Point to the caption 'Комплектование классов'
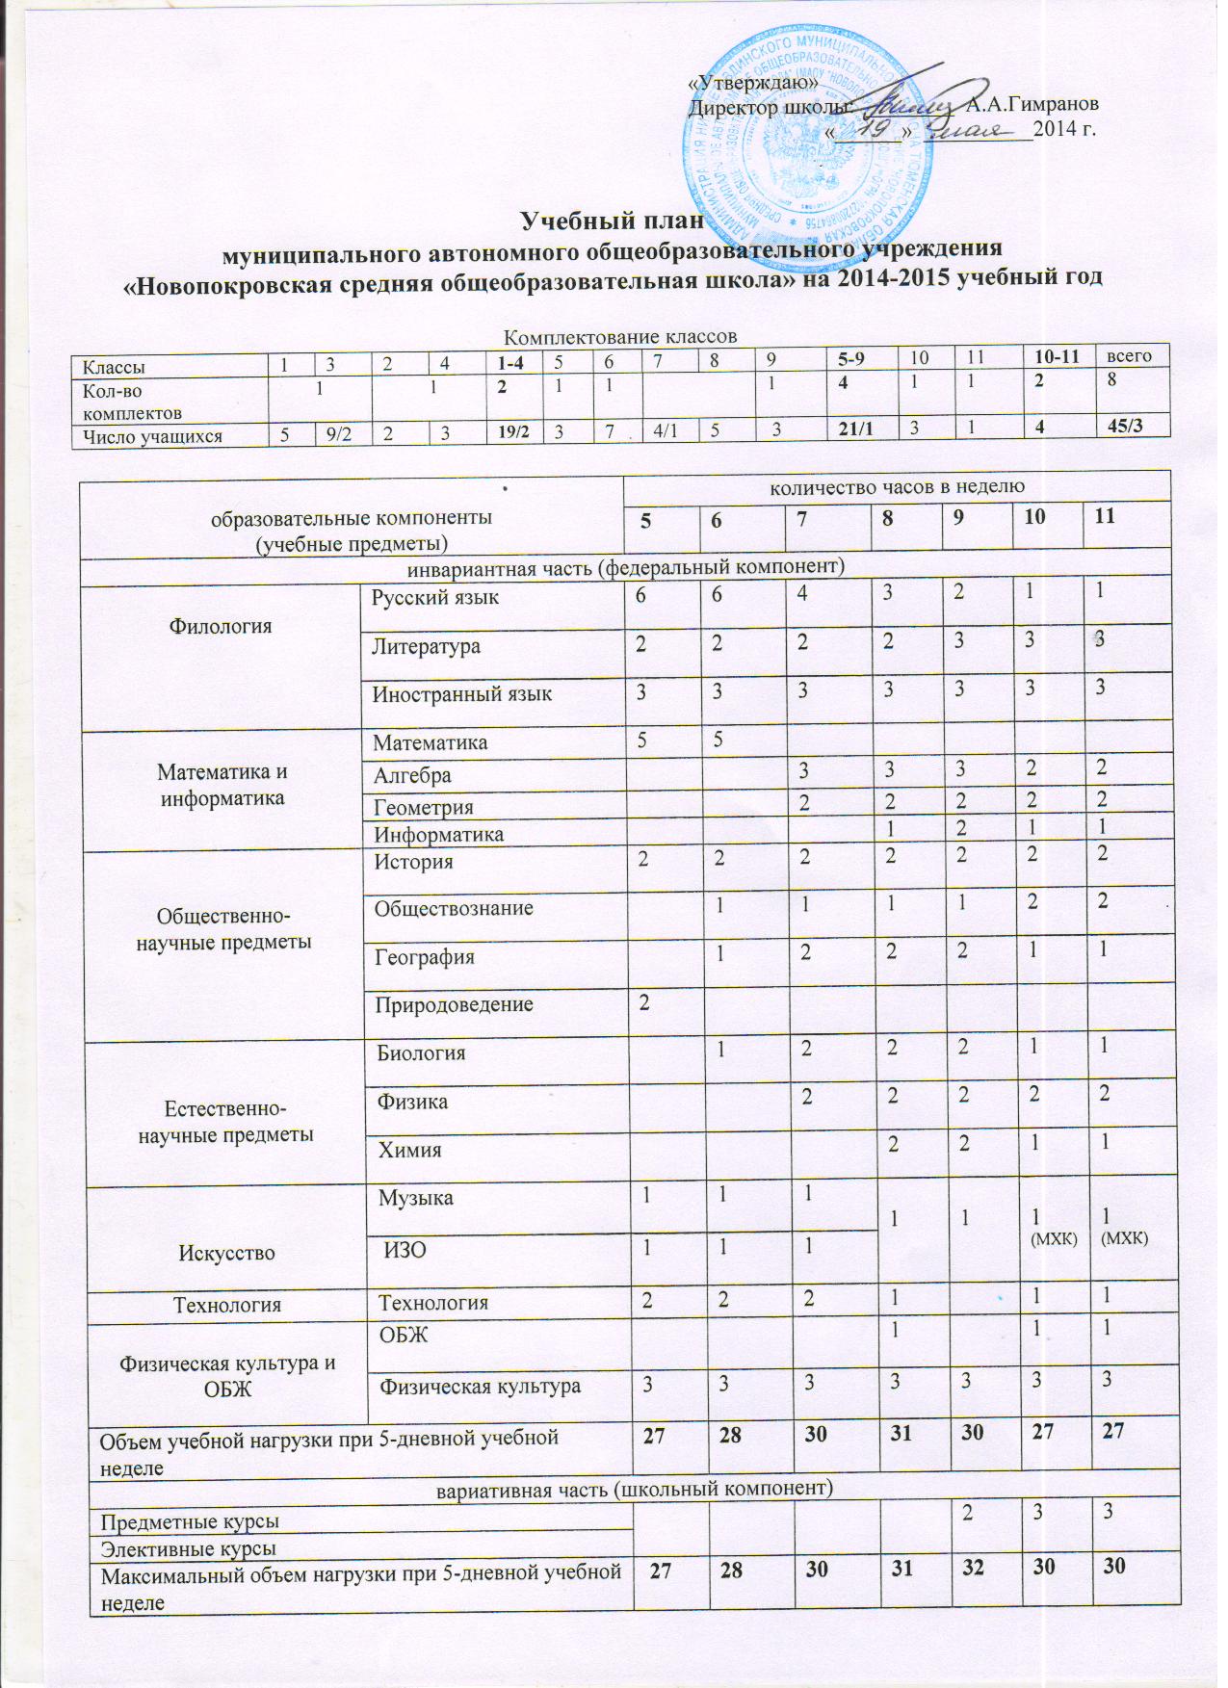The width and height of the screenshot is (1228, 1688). [x=620, y=337]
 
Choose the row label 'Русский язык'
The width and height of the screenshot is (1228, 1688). [x=436, y=598]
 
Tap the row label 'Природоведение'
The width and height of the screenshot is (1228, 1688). [x=454, y=1005]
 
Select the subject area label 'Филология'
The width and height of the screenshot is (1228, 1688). [x=221, y=627]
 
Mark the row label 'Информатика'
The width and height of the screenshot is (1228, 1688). [x=438, y=835]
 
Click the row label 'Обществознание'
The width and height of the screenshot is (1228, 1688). [x=455, y=908]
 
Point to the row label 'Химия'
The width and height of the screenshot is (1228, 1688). [x=410, y=1150]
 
